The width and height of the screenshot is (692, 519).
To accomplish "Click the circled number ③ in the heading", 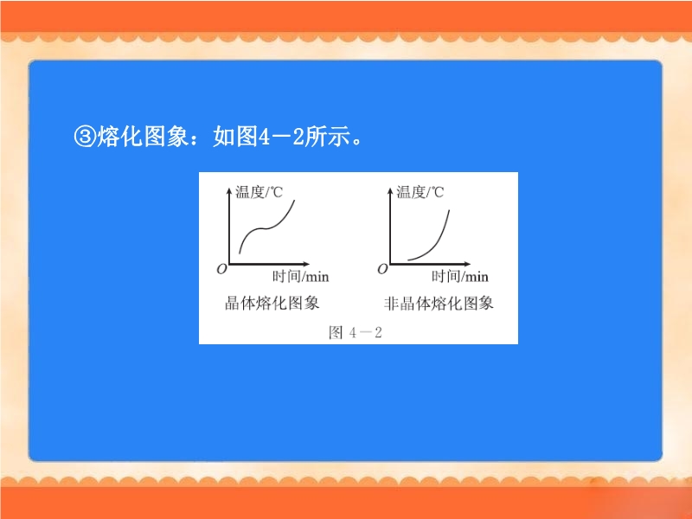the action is coord(85,137).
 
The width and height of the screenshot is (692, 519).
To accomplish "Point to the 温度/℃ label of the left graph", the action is coord(259,192).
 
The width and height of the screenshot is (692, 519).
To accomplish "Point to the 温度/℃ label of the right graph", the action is coord(420,192).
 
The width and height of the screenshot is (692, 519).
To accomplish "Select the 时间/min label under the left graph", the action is coord(300,276).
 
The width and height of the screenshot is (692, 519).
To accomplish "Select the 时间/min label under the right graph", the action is coord(460,276).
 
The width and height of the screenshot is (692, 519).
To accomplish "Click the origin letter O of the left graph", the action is coord(221,269).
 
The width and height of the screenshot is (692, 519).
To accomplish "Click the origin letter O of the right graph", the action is coord(382,269).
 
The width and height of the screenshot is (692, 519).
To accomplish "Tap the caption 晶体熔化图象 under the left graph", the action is coord(272,304).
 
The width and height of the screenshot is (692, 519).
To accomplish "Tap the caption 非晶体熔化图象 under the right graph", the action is coord(439,304).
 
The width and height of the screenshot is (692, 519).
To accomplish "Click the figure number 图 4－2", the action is coord(356,332).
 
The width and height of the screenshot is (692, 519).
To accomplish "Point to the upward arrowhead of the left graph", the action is coord(229,190).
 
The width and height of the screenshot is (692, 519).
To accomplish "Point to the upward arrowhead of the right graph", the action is coord(390,190).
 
